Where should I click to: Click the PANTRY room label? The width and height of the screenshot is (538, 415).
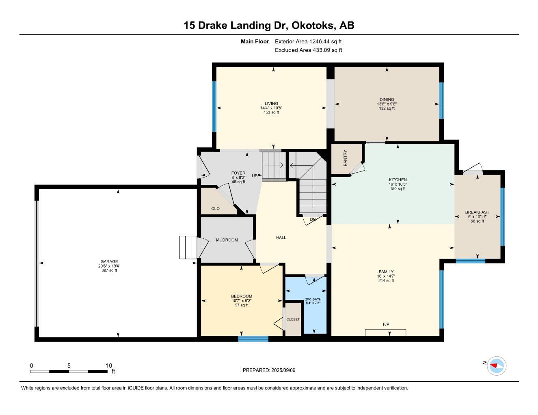pyautogui.click(x=345, y=158)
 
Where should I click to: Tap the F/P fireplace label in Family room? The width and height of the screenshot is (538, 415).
pyautogui.click(x=386, y=324)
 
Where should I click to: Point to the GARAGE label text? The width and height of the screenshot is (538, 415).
pyautogui.click(x=109, y=261)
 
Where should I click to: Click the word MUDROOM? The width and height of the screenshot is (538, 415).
pyautogui.click(x=227, y=240)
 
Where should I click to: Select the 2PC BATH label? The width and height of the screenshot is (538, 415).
pyautogui.click(x=313, y=299)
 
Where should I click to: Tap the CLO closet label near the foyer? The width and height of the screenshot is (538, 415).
pyautogui.click(x=216, y=209)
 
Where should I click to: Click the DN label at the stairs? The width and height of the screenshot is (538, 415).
pyautogui.click(x=313, y=220)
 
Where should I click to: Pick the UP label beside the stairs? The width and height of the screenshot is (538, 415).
pyautogui.click(x=255, y=175)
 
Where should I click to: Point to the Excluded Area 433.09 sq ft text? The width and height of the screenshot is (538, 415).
pyautogui.click(x=309, y=50)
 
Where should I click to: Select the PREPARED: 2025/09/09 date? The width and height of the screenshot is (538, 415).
pyautogui.click(x=269, y=370)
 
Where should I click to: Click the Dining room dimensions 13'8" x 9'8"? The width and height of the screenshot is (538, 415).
pyautogui.click(x=387, y=104)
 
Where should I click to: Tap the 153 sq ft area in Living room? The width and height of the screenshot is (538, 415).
pyautogui.click(x=271, y=112)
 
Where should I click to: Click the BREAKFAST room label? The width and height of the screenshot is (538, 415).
pyautogui.click(x=477, y=212)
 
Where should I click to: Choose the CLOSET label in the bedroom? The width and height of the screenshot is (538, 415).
pyautogui.click(x=293, y=319)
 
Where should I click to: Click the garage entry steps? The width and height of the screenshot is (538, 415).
pyautogui.click(x=188, y=247)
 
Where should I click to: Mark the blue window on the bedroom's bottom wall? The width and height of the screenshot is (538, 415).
pyautogui.click(x=253, y=339)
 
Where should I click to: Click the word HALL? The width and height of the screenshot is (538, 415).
pyautogui.click(x=281, y=237)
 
